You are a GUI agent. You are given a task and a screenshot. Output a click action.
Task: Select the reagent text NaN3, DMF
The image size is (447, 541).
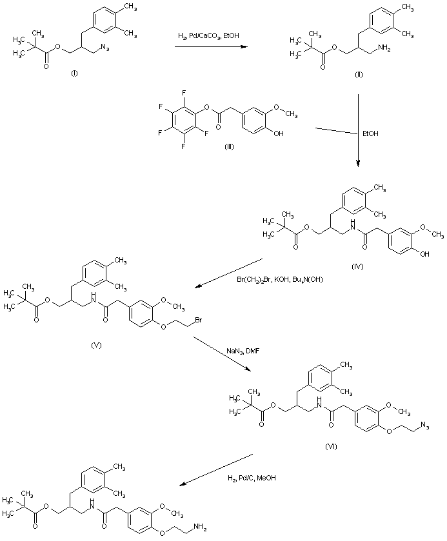click(x=241, y=351)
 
